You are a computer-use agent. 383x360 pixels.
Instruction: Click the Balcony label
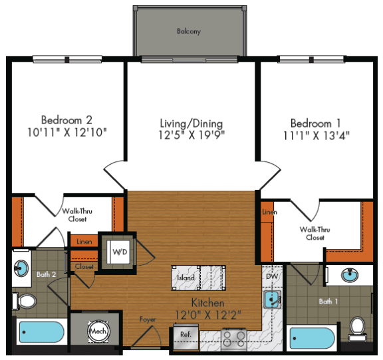coord(189,31)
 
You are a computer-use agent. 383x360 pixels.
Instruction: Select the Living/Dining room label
coord(191,124)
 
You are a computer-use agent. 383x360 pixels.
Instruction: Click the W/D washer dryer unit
coord(120,252)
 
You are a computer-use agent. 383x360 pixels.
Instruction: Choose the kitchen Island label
coord(186,277)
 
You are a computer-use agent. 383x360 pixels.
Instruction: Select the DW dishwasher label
coord(271,276)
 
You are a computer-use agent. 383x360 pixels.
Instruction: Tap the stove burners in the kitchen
coord(233,338)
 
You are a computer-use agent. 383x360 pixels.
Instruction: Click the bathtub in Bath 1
coord(312,338)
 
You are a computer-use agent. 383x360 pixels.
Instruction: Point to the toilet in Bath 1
coord(358,327)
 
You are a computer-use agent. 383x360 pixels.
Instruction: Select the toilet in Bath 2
coord(26,301)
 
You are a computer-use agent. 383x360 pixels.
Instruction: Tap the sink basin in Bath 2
coord(21,268)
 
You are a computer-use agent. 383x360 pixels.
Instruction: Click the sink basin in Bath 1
coord(349,276)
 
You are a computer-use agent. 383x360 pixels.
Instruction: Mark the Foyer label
coord(147,319)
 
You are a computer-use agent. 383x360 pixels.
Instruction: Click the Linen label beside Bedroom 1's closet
coord(269,212)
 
